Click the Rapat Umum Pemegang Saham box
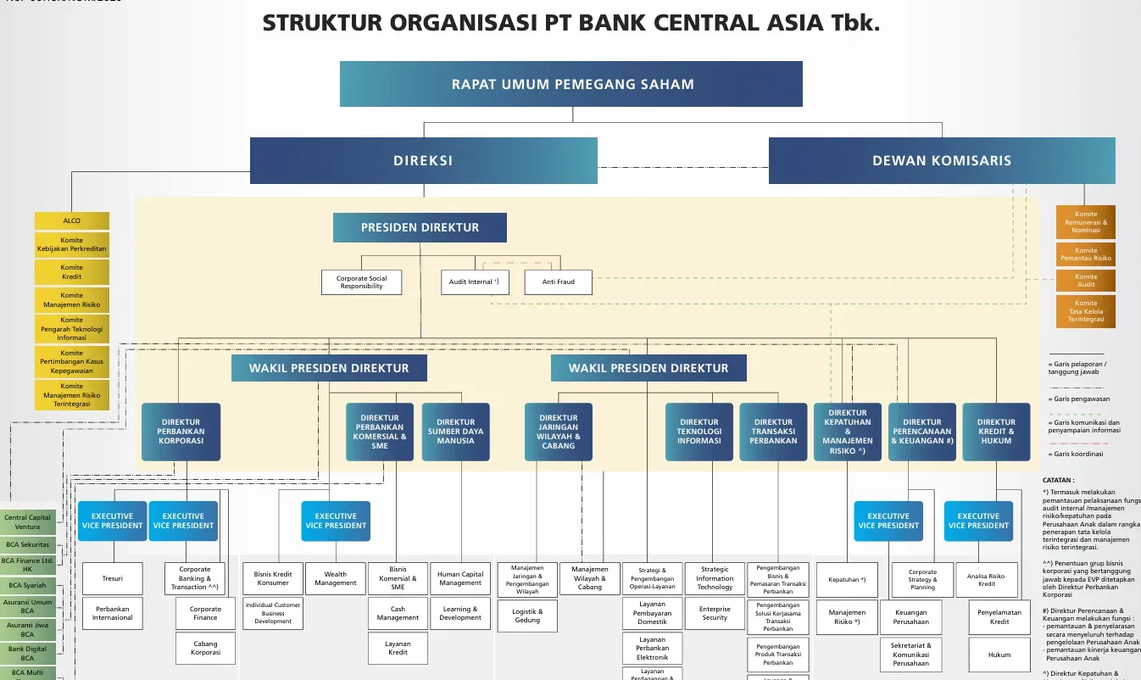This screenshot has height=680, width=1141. click(571, 84)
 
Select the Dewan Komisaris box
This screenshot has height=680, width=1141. click(941, 160)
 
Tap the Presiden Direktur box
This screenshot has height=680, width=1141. click(420, 227)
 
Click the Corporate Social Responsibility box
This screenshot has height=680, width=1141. click(361, 281)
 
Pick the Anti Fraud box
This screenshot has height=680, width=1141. click(558, 281)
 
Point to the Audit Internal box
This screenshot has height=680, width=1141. click(474, 281)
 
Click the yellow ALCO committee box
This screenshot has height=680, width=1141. click(72, 220)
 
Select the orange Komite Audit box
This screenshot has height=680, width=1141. click(1085, 281)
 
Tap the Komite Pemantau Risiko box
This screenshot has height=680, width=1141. click(1085, 254)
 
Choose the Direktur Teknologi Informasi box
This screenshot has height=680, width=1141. click(699, 432)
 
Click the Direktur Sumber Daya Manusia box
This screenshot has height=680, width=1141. click(455, 432)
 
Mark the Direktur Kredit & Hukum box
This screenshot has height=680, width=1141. click(995, 432)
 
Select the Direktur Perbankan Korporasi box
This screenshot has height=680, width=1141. click(181, 432)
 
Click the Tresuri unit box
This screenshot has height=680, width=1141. click(113, 579)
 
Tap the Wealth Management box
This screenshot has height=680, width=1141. click(335, 578)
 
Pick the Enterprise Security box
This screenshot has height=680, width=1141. click(714, 613)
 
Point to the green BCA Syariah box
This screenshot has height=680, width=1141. click(27, 585)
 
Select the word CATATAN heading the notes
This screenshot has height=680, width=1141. click(1058, 480)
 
